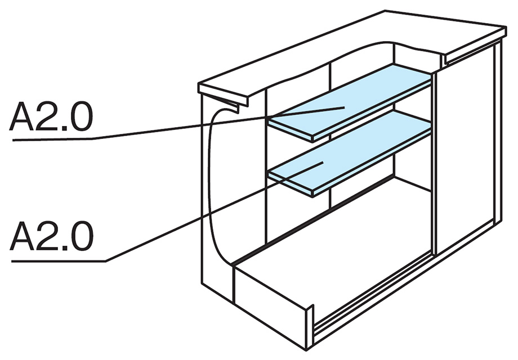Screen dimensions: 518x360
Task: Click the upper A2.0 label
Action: click(x=51, y=116)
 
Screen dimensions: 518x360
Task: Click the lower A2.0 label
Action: click(x=52, y=236)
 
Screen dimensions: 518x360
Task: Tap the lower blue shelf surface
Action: click(x=350, y=150)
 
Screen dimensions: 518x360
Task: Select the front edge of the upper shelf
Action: click(x=290, y=131)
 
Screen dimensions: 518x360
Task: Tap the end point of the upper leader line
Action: click(x=344, y=107)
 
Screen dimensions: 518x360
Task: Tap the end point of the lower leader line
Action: click(x=323, y=163)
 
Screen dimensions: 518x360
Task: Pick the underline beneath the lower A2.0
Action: click(x=59, y=261)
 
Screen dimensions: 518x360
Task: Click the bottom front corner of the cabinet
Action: click(x=307, y=349)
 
